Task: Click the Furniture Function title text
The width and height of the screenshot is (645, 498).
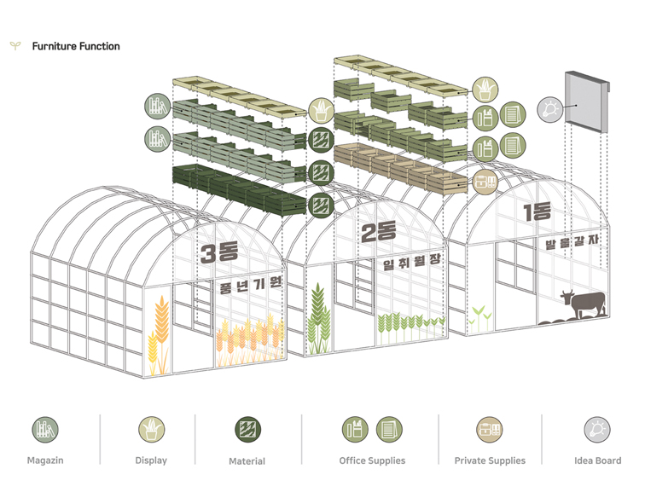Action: (76, 46)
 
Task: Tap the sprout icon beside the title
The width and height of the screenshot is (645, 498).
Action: (15, 45)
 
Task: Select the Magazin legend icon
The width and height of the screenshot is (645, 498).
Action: (45, 430)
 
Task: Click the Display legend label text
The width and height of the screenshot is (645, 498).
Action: (151, 460)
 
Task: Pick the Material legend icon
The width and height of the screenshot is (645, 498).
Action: (247, 430)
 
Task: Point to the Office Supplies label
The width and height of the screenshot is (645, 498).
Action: (372, 460)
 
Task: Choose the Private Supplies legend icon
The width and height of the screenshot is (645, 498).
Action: (490, 430)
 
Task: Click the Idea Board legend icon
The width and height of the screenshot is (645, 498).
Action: (597, 430)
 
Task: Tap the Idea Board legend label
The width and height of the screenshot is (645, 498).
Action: (598, 460)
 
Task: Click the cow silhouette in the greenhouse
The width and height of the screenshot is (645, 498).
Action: (584, 304)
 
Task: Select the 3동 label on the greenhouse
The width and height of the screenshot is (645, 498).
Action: (219, 252)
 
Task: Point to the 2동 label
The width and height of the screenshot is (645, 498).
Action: (379, 232)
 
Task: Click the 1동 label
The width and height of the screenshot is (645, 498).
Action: (537, 211)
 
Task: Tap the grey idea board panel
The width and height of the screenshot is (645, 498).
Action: (587, 101)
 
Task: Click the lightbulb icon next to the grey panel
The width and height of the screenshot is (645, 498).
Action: (550, 109)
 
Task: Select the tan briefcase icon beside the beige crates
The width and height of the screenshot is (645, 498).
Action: (485, 182)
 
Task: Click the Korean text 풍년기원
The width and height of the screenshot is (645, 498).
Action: (251, 285)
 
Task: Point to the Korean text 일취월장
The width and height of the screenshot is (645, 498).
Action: (412, 261)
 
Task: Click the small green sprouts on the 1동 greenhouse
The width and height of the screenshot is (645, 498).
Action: (480, 317)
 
